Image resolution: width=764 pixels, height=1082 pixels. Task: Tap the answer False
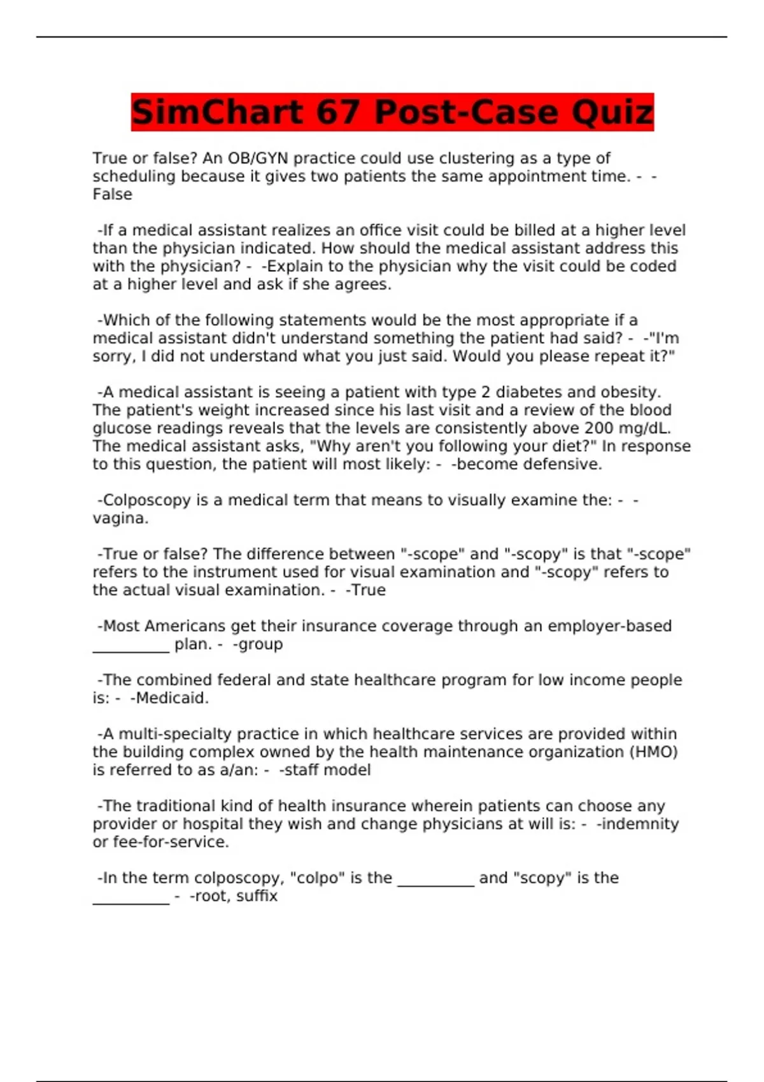(x=112, y=195)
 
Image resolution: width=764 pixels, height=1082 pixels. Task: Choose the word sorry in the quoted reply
(x=113, y=356)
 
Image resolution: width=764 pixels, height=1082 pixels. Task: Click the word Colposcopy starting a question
(x=146, y=500)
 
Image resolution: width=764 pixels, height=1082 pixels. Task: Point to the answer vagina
(x=120, y=519)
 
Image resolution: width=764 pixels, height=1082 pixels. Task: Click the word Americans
(x=185, y=626)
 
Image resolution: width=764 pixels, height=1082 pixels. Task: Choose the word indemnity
(x=639, y=824)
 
